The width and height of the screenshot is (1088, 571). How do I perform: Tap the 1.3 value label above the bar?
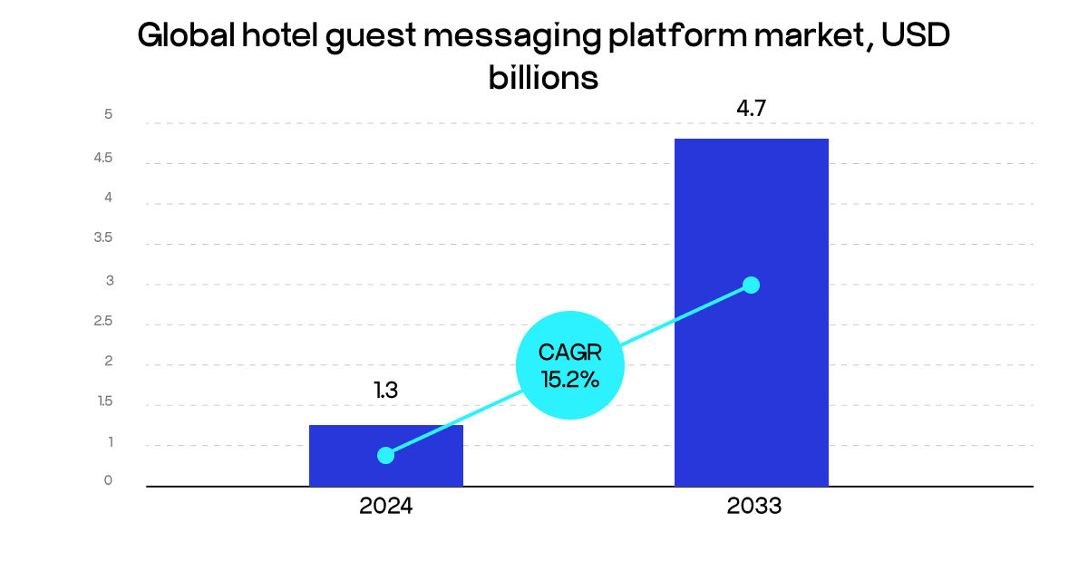385,391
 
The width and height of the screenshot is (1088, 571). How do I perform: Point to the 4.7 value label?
751,110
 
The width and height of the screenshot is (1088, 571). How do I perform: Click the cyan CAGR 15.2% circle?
569,365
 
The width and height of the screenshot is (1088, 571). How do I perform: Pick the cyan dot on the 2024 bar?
385,455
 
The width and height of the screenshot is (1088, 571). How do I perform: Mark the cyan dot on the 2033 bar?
751,285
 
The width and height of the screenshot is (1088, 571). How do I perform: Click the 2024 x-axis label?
385,507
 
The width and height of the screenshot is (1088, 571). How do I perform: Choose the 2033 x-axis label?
753,507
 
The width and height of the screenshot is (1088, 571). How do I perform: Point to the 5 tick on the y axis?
108,114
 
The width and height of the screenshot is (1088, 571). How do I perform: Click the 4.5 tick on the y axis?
102,158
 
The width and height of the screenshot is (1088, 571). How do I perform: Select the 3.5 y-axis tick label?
102,238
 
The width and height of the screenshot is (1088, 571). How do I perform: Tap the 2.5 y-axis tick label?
102,321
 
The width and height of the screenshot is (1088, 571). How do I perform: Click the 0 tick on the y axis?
108,480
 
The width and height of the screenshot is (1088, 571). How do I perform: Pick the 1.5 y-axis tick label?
104,402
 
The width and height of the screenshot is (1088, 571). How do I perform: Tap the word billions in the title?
543,77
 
